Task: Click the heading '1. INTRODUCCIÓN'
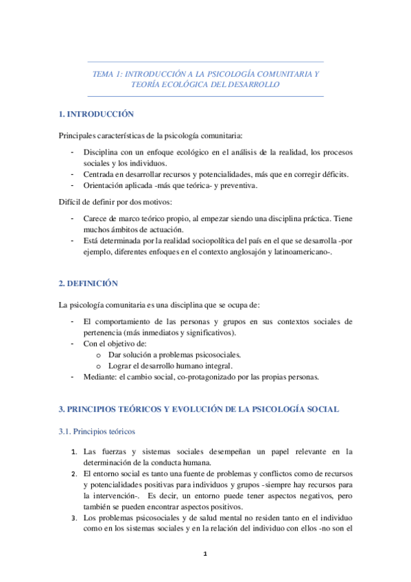(x=96, y=114)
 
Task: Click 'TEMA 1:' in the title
(x=108, y=73)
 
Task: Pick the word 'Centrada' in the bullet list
(x=99, y=174)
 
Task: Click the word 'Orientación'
(x=104, y=185)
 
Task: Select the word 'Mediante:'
(x=101, y=377)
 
